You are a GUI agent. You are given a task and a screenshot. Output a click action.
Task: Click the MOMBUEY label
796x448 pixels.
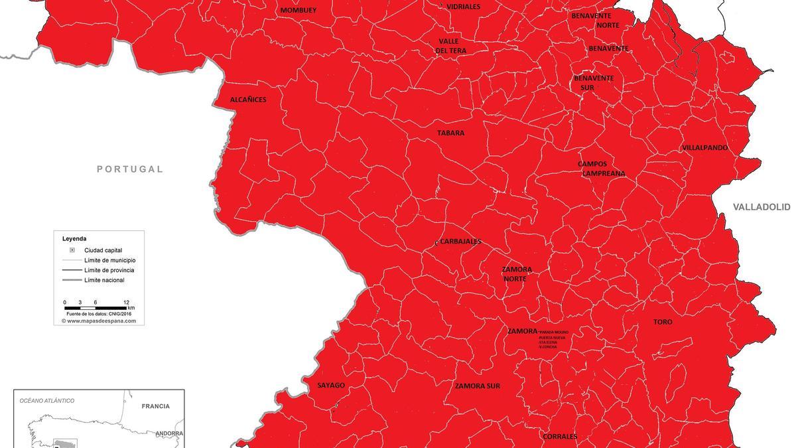coord(298,11)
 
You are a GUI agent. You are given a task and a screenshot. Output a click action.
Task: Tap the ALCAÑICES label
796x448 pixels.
coord(248,100)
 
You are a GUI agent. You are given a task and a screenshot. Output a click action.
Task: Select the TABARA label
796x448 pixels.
coord(450,133)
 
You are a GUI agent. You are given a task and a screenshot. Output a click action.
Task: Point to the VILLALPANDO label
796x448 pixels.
coord(704,148)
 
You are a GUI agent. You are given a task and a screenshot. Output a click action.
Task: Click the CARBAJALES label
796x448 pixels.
coord(460,242)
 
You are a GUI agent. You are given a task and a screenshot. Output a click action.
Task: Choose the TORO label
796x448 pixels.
coord(663,322)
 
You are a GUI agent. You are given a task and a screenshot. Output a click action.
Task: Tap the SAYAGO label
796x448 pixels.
coord(331,386)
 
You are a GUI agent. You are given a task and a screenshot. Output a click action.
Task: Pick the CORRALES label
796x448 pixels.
coord(560,437)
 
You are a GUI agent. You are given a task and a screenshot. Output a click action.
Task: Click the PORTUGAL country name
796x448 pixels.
coord(130,169)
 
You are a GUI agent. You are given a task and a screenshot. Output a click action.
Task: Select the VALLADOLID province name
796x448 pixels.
coord(762,208)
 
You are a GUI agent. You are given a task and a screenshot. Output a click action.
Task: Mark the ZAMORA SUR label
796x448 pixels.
coord(478,386)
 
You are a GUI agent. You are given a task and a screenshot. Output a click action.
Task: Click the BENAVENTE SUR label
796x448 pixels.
coord(594,82)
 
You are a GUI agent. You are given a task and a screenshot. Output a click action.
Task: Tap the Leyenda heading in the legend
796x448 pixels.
coord(74,239)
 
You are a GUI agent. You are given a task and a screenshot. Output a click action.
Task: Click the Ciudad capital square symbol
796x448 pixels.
coord(72,250)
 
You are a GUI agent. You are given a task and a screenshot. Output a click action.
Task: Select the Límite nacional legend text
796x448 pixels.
coord(104,280)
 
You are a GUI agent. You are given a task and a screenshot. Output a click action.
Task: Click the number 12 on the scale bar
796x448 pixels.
coord(126,302)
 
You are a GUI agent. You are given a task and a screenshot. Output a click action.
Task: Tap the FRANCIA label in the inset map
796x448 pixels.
coord(156,406)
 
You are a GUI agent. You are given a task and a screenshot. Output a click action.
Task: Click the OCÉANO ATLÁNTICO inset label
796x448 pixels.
coord(47,401)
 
